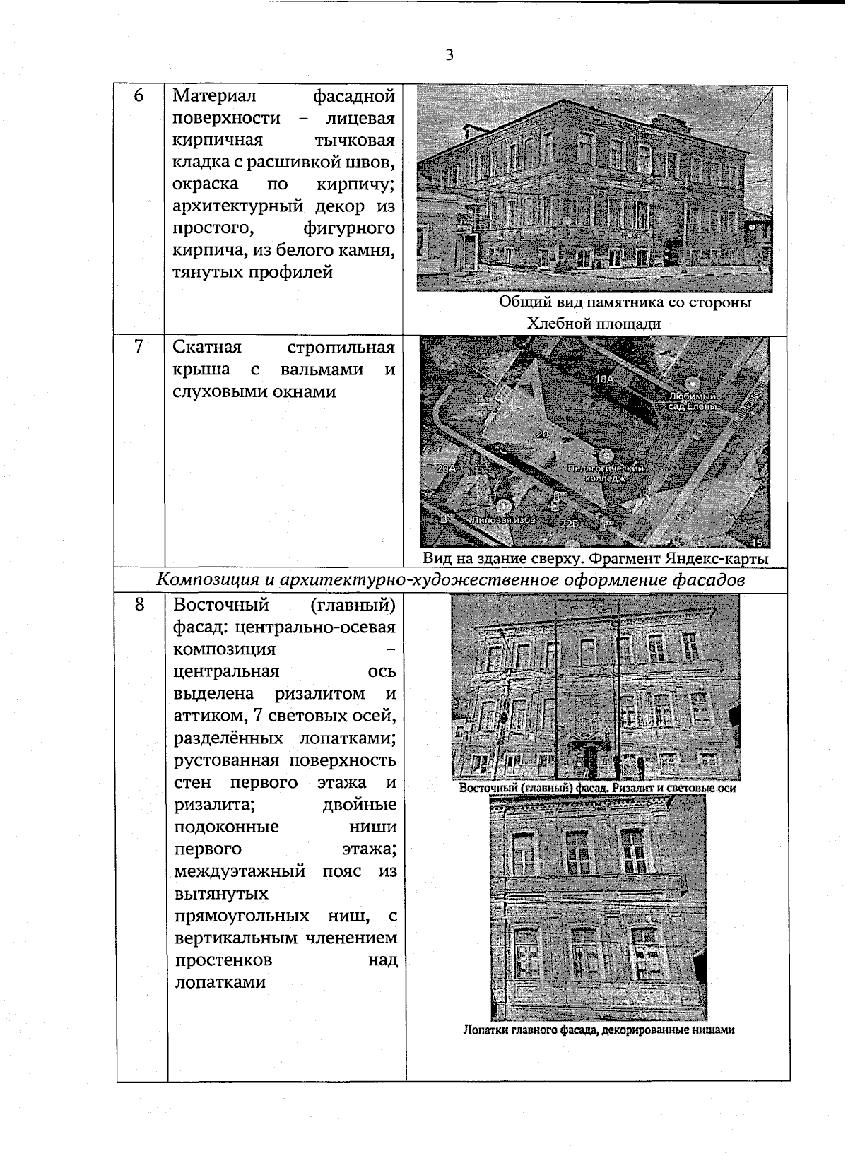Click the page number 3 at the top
click(x=449, y=56)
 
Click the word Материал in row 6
click(x=215, y=95)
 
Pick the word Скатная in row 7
click(x=207, y=347)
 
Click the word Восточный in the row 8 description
click(x=221, y=605)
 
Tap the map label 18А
click(x=605, y=379)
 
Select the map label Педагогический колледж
click(x=606, y=473)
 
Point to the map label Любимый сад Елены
click(x=693, y=401)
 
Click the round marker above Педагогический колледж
click(x=606, y=456)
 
